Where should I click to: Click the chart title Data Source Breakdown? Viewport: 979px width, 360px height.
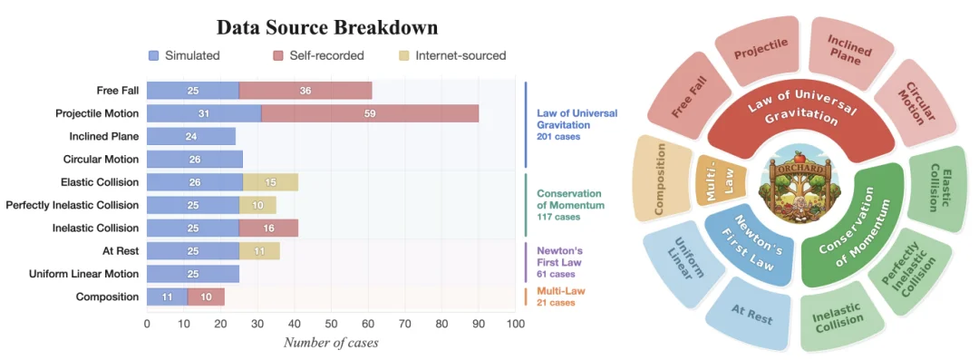click(327, 28)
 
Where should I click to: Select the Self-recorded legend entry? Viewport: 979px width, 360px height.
click(318, 55)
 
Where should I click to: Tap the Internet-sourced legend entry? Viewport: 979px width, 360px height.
click(452, 55)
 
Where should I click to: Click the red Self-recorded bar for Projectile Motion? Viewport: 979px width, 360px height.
click(370, 113)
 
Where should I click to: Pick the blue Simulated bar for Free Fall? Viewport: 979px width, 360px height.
click(193, 91)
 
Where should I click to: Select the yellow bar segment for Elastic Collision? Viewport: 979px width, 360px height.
click(270, 182)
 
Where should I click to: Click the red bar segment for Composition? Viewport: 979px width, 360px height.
click(206, 297)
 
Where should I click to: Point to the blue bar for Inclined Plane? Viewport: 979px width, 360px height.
click(191, 136)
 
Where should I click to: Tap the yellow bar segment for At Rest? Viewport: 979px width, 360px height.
click(259, 251)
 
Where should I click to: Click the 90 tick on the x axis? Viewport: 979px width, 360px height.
click(479, 324)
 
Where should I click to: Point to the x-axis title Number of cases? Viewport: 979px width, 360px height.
click(331, 343)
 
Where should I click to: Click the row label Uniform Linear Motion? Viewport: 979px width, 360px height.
click(83, 274)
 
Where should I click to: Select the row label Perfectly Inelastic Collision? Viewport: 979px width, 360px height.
click(72, 204)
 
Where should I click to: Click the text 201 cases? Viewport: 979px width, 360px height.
click(558, 137)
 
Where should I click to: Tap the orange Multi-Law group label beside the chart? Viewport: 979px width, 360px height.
click(561, 291)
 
